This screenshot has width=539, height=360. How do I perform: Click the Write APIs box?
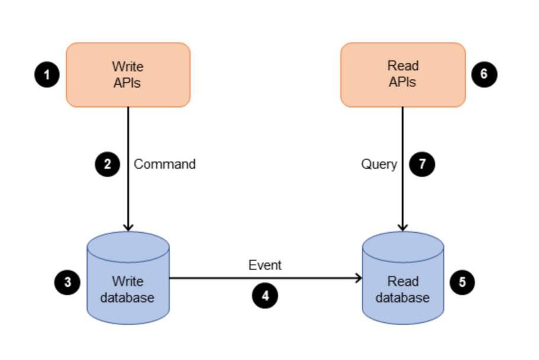click(128, 75)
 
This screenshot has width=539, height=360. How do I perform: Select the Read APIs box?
click(403, 75)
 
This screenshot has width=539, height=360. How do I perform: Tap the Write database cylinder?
click(128, 278)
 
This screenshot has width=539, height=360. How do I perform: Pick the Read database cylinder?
click(403, 278)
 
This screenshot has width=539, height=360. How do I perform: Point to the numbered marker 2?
click(108, 164)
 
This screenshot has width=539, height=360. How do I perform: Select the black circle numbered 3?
click(68, 282)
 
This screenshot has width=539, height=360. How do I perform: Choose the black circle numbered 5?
click(462, 282)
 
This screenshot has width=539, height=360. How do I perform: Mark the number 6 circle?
click(484, 75)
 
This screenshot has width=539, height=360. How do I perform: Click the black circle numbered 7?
click(422, 164)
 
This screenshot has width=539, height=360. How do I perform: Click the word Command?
click(165, 164)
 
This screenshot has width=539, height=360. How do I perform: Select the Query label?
click(379, 164)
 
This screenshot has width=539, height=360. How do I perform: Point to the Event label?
click(265, 265)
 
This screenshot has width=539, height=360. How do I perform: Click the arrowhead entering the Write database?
click(128, 227)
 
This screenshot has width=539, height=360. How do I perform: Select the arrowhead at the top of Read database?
click(403, 227)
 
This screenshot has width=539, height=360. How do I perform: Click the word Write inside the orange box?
click(128, 66)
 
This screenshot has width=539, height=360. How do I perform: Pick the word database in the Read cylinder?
click(403, 297)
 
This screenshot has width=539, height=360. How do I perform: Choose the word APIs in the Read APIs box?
click(403, 82)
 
